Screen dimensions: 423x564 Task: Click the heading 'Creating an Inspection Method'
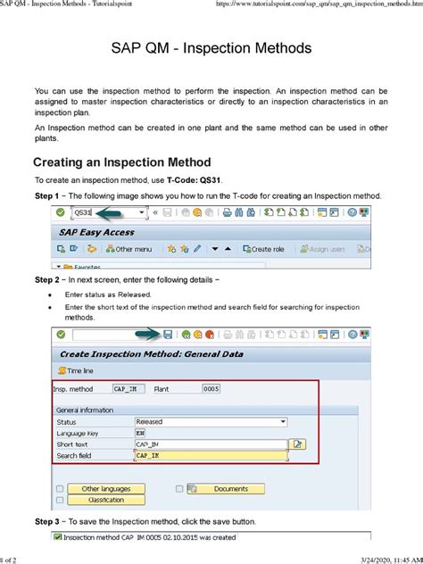pos(121,162)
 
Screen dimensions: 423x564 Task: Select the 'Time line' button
pos(81,369)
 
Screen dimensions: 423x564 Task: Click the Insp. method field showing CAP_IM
pos(127,389)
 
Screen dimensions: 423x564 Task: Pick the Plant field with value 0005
pos(211,389)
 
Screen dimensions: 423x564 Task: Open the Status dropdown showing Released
pos(211,420)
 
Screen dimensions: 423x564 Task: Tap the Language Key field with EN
pos(141,432)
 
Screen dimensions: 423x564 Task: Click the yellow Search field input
pos(210,455)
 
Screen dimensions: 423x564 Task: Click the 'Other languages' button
pos(104,489)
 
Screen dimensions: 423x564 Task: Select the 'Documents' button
pos(231,489)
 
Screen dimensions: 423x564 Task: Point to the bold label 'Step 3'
pos(46,520)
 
